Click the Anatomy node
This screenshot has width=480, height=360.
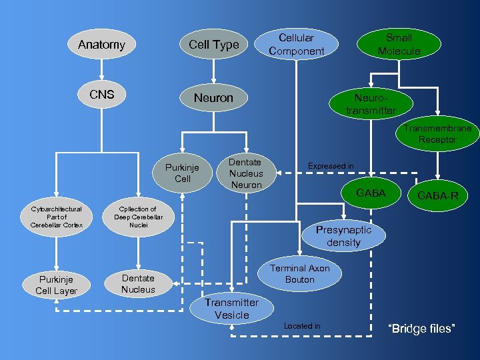coord(101,45)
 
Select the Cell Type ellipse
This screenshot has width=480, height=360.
coord(213,45)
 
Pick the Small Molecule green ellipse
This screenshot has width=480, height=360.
coord(399,44)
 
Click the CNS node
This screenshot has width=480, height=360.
coord(102,95)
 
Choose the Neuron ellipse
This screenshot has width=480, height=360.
coord(213,98)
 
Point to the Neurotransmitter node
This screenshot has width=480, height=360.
coord(371,104)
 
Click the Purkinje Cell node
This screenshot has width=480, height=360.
coord(183,173)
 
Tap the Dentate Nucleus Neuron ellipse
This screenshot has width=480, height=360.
coord(246,173)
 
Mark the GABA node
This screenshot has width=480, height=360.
coord(371,193)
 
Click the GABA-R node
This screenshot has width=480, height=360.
coord(437,196)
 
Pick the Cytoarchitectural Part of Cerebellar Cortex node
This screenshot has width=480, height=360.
coord(57,217)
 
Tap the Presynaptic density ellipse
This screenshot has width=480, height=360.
coord(343,236)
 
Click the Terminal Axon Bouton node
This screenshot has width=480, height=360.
coord(299,273)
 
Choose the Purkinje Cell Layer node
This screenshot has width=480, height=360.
coord(57,285)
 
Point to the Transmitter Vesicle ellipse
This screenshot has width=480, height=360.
coord(232,309)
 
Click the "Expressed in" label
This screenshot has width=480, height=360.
coord(331,165)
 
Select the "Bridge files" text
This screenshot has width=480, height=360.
coord(421,329)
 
